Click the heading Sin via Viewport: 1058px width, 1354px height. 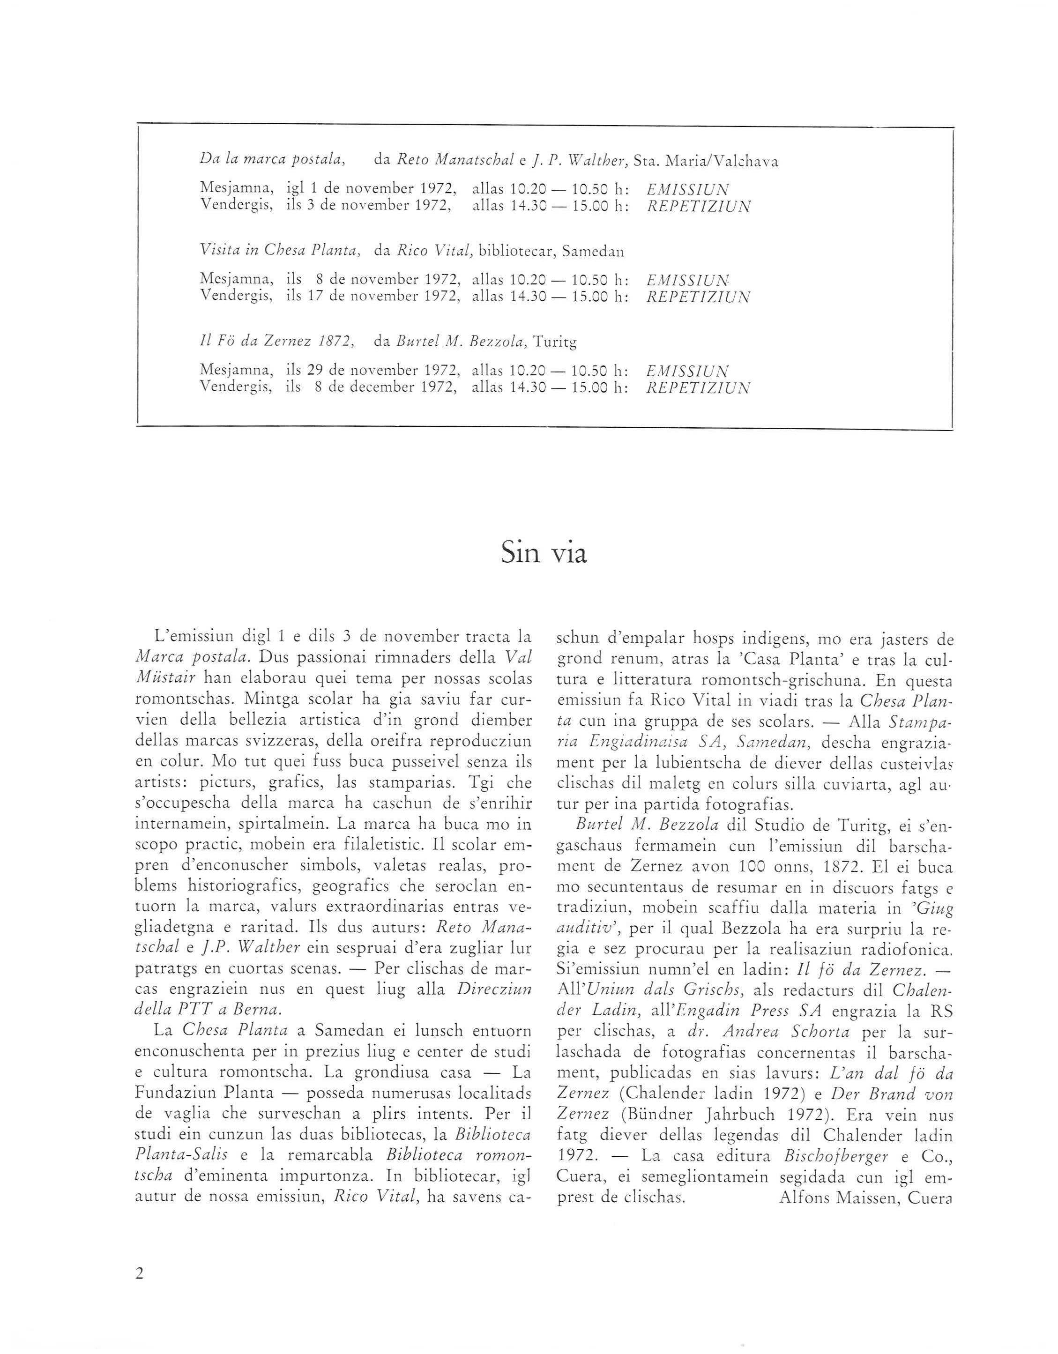(543, 554)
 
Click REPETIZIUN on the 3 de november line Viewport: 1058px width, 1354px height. (698, 207)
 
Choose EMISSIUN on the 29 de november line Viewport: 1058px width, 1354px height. (687, 371)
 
